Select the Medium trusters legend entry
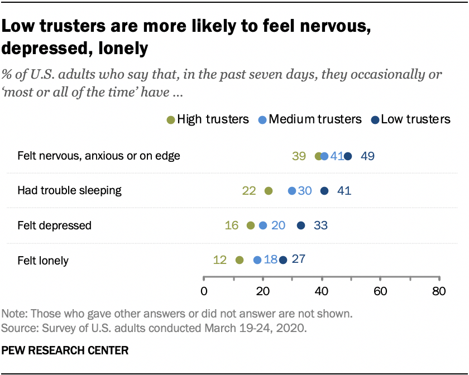click(310, 119)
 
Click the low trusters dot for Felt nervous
click(348, 156)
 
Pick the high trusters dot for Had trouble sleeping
click(268, 191)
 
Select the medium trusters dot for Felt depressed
click(263, 225)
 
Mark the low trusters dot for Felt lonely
click(283, 260)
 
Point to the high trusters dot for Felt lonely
click(240, 260)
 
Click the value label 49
click(367, 156)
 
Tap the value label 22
click(249, 191)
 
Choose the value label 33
click(320, 225)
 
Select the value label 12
click(220, 260)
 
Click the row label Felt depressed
click(54, 225)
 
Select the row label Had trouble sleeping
click(69, 191)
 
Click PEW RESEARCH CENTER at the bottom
click(65, 351)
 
